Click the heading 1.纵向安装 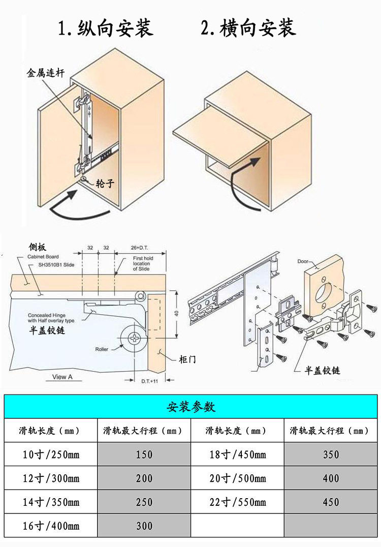point(106,27)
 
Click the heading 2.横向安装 point(248,27)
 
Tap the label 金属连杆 point(45,73)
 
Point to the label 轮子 point(105,184)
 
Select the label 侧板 point(37,248)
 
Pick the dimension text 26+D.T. point(140,248)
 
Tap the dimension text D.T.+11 point(148,380)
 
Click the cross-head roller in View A point(134,338)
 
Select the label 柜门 point(187,359)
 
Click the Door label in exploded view point(304,262)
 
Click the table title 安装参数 point(191,407)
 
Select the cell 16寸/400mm point(51,526)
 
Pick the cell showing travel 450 point(331,502)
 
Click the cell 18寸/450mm point(238,454)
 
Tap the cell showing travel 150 point(144,454)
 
